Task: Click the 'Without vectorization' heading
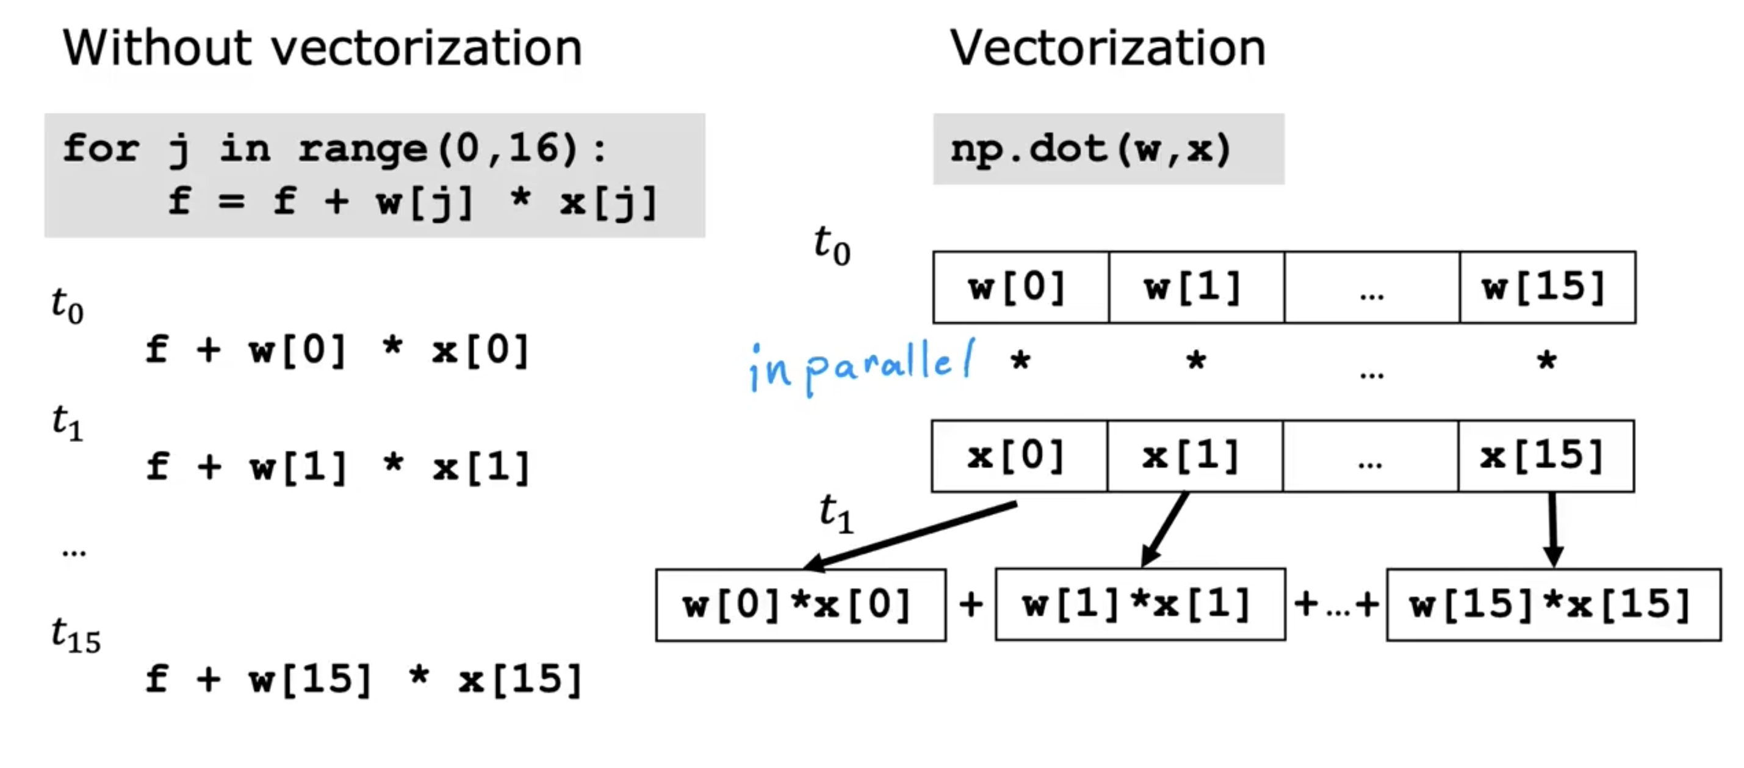point(322,49)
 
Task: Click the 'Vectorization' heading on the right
point(1108,49)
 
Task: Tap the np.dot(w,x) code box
point(1108,149)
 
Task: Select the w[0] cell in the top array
point(1020,287)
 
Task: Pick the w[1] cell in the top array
point(1195,287)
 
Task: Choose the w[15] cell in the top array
point(1547,287)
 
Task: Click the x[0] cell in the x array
point(1019,456)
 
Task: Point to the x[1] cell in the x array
point(1194,456)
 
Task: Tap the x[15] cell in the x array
point(1546,456)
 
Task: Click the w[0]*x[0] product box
point(800,604)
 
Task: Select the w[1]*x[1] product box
point(1140,604)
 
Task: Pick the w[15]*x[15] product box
point(1553,604)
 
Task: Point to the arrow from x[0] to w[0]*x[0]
point(910,535)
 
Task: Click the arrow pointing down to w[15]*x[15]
point(1552,528)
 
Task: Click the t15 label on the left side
point(76,636)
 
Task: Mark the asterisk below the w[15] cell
point(1546,360)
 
